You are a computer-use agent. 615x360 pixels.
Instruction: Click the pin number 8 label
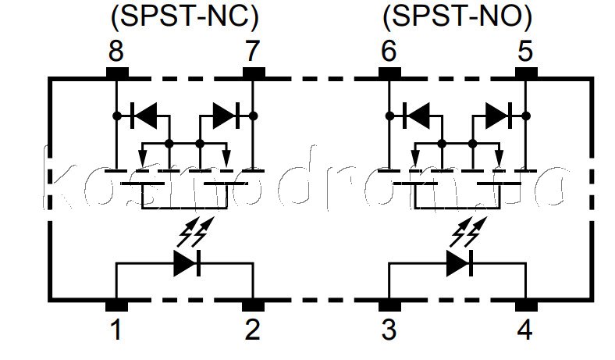[116, 53]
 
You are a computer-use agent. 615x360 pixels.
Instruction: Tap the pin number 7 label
[253, 53]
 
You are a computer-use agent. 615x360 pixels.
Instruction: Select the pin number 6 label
[389, 53]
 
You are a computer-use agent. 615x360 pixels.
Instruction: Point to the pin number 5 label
[525, 53]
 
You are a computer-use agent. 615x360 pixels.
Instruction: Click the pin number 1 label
[116, 331]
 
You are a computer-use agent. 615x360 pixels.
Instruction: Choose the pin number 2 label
[253, 331]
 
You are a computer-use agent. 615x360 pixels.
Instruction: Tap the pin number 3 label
[389, 331]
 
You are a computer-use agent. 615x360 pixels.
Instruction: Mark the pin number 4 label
[525, 331]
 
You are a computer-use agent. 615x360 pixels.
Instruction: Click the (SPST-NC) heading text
[184, 16]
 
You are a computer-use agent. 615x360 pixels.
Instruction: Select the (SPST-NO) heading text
[457, 16]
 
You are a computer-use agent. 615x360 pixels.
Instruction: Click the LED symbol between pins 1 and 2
[187, 263]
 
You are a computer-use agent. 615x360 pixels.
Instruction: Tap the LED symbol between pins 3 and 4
[459, 263]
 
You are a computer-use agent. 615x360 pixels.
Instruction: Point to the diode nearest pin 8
[144, 116]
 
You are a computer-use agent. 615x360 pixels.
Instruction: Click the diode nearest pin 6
[417, 116]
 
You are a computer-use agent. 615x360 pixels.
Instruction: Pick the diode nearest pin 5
[498, 116]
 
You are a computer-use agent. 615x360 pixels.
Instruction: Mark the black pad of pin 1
[116, 304]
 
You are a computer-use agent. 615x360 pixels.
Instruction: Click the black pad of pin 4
[525, 304]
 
